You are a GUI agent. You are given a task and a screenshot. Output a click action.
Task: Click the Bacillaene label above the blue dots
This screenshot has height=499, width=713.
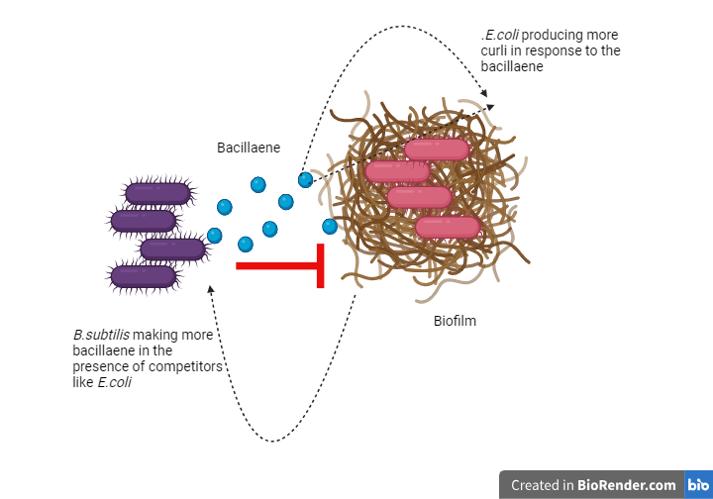point(249,148)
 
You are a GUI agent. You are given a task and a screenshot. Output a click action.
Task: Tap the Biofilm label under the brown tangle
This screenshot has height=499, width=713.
point(455,321)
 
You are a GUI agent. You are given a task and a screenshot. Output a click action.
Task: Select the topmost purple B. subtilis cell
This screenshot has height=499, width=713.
point(157,194)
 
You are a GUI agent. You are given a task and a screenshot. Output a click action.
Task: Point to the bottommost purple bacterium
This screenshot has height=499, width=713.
point(144,276)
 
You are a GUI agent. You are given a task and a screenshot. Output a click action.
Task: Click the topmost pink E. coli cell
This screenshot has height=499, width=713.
point(437,150)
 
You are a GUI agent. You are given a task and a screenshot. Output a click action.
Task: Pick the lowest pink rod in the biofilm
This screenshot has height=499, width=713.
point(448,228)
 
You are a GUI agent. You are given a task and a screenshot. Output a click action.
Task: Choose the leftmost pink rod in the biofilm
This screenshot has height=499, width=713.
point(397,171)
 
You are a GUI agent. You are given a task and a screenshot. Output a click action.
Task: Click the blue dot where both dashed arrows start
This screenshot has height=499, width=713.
point(306,180)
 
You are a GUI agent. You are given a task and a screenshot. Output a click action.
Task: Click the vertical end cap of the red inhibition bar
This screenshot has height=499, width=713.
point(321,265)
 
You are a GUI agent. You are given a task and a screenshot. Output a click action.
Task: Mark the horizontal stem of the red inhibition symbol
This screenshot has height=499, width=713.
point(276,265)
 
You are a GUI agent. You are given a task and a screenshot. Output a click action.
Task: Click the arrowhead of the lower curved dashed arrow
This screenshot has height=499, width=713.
point(210,289)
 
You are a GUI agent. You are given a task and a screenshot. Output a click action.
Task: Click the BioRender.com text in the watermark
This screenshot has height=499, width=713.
point(628,485)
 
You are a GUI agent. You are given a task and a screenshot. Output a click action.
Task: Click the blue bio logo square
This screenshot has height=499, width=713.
point(697,485)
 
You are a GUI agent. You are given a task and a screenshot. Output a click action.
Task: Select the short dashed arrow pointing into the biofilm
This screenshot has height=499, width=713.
point(337,172)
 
